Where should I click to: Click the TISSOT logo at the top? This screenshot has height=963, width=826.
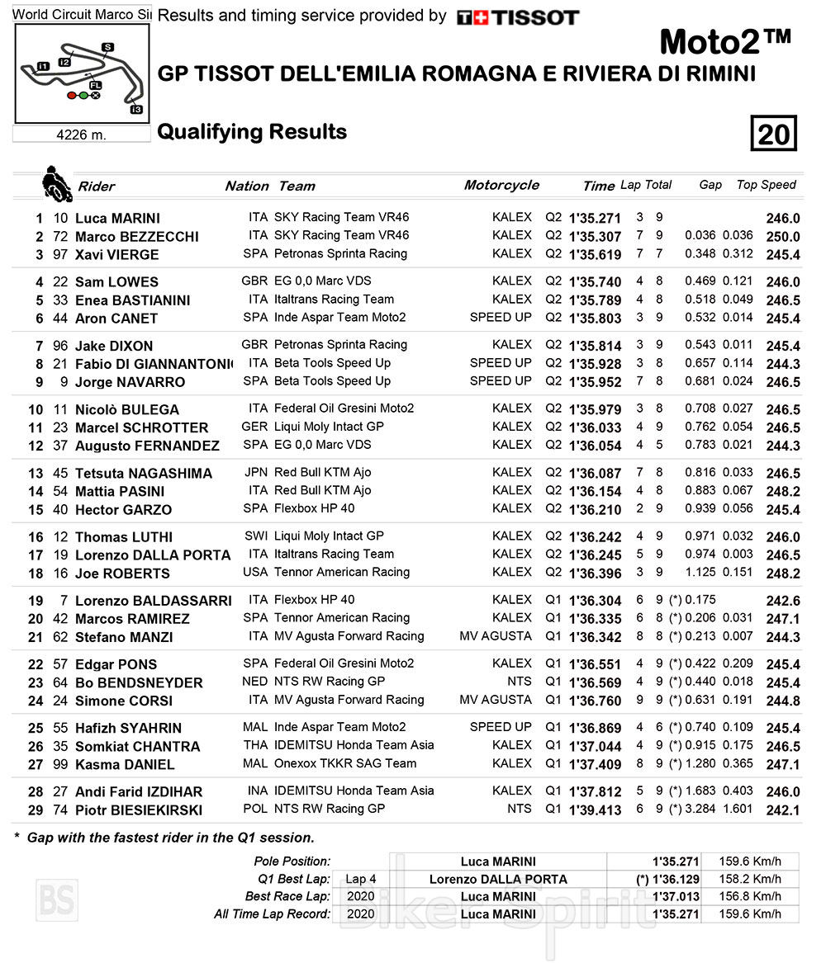pyautogui.click(x=518, y=17)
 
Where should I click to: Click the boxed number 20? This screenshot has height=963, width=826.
pyautogui.click(x=773, y=134)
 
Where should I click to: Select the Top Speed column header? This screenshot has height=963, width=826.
pyautogui.click(x=766, y=185)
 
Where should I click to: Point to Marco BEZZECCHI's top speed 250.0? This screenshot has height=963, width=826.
pyautogui.click(x=783, y=237)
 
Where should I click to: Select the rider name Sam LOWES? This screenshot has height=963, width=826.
pyautogui.click(x=116, y=282)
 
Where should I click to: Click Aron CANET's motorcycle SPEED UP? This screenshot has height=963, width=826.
pyautogui.click(x=501, y=317)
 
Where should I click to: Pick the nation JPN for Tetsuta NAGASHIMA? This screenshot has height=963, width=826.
pyautogui.click(x=256, y=472)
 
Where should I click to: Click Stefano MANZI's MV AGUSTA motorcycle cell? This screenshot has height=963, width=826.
pyautogui.click(x=496, y=636)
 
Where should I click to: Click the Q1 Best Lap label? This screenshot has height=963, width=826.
pyautogui.click(x=293, y=879)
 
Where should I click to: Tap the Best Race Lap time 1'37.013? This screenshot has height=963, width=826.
pyautogui.click(x=676, y=896)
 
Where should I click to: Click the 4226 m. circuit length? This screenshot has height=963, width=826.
pyautogui.click(x=81, y=135)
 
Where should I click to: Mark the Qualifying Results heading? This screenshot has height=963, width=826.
pyautogui.click(x=252, y=132)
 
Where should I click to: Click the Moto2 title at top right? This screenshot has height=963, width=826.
pyautogui.click(x=725, y=40)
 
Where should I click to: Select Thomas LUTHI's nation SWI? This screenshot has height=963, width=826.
pyautogui.click(x=256, y=536)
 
